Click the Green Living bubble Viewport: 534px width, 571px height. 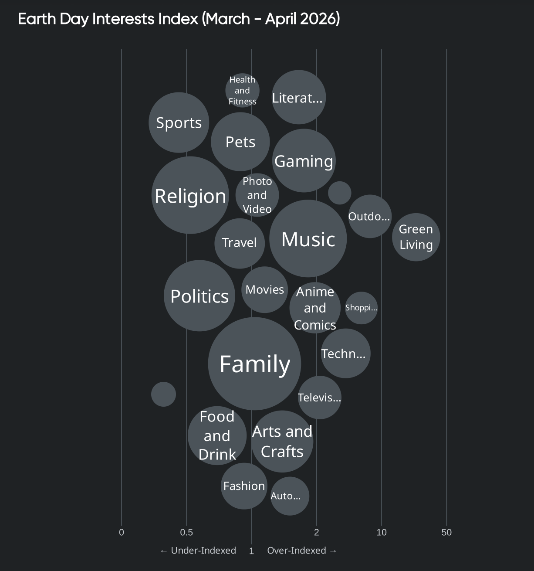(x=416, y=237)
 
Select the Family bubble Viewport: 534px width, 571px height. (x=254, y=364)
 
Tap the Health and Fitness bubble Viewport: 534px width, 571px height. (x=242, y=90)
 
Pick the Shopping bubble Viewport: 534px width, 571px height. (x=361, y=308)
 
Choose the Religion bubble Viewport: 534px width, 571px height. (x=190, y=195)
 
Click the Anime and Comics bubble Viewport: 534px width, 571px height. (x=315, y=308)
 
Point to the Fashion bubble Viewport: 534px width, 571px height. (x=244, y=486)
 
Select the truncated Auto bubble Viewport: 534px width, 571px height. (x=290, y=496)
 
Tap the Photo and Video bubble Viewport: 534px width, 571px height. (x=257, y=195)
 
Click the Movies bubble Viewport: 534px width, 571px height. (x=265, y=289)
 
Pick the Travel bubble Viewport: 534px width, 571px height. (x=240, y=243)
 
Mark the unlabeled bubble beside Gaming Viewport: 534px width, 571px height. (x=340, y=193)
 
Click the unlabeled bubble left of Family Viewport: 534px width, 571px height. (x=163, y=394)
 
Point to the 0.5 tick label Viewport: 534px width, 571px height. (x=186, y=532)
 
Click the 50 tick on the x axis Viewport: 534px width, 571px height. (x=446, y=532)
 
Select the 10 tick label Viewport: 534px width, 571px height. (x=382, y=532)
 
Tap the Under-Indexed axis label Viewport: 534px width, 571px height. (x=199, y=551)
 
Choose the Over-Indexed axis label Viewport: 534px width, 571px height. (x=302, y=551)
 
